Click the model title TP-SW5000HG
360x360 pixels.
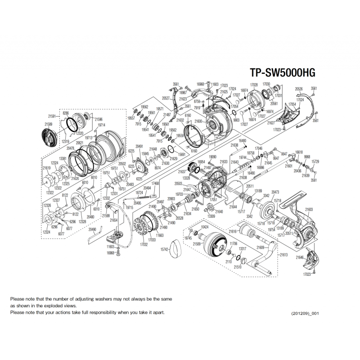pyautogui.click(x=283, y=73)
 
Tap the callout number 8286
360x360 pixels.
pyautogui.click(x=66, y=113)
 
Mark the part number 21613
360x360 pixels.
pyautogui.click(x=283, y=255)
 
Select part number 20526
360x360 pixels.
pyautogui.click(x=299, y=89)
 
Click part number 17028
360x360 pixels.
pyautogui.click(x=254, y=85)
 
